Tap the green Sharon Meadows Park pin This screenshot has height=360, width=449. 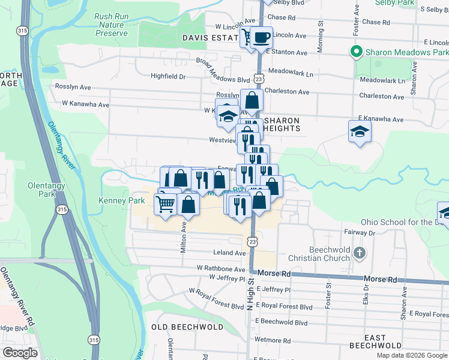[x=356, y=52]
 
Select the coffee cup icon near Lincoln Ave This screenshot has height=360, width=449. [x=261, y=38]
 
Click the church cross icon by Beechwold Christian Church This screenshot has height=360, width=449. [x=359, y=254]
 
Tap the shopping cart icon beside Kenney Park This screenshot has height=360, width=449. [x=166, y=203]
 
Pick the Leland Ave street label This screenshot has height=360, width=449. [x=226, y=253]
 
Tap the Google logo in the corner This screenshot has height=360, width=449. [x=20, y=353]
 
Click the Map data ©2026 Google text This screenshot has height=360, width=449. [x=411, y=355]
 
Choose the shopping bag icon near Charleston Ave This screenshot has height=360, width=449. [x=252, y=100]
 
